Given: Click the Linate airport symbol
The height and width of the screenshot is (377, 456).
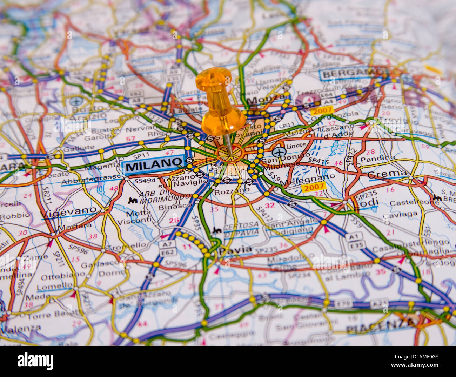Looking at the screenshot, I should (279, 152).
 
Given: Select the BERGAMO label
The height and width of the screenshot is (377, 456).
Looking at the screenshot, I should (352, 73).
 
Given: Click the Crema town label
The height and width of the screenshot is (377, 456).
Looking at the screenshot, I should (387, 174).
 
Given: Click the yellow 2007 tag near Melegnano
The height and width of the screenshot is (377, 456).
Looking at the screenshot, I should (313, 188).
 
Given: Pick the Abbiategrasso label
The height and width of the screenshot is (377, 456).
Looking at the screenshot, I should (91, 180).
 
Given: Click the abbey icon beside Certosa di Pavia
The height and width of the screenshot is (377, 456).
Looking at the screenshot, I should (216, 230).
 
